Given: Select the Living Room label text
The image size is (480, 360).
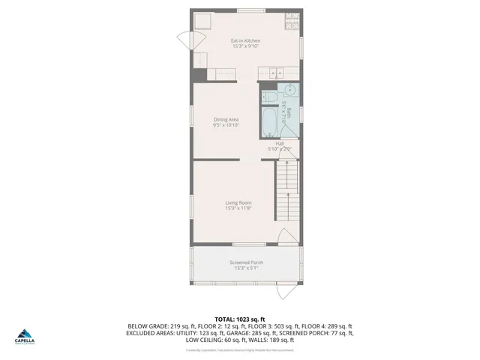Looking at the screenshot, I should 238,202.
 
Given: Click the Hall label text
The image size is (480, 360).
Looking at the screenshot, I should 279,143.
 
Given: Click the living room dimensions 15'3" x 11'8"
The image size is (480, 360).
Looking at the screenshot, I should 238,208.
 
